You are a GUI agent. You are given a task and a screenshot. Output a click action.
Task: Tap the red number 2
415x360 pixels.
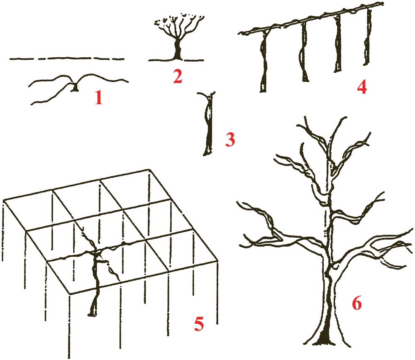click(178, 76)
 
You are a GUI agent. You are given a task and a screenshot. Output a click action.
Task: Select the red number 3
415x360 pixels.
click(230, 140)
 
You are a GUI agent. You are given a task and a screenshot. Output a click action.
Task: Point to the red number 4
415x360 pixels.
click(361, 87)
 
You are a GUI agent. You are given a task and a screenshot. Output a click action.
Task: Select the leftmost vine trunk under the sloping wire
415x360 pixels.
click(264, 62)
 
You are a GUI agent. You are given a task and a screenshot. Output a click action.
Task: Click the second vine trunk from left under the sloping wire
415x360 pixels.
click(305, 54)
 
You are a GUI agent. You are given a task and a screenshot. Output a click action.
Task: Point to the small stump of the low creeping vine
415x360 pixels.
click(75, 88)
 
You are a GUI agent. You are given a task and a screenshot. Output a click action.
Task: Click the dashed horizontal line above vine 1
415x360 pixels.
click(66, 59)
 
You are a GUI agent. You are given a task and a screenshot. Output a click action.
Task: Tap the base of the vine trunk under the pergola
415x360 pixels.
click(93, 313)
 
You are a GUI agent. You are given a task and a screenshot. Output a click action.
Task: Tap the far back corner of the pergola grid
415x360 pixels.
click(149, 170)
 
